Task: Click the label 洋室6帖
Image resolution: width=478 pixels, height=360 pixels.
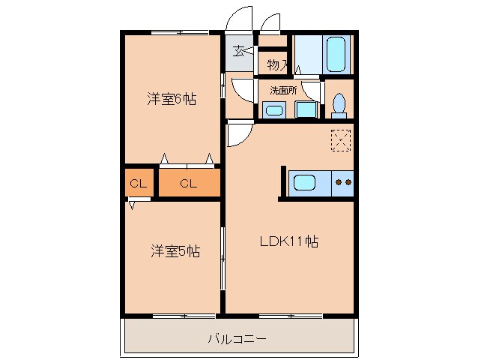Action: pos(172,98)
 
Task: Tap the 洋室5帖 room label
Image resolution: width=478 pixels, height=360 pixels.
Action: pos(174,250)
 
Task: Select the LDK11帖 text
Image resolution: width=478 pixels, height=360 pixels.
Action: pos(289,241)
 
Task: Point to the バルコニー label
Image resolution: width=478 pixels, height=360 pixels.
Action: pos(237,339)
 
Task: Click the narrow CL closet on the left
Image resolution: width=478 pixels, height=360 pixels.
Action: pos(138,184)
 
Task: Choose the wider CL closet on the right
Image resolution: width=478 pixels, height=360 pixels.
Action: pos(188,184)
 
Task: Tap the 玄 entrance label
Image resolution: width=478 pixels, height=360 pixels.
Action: pos(238,52)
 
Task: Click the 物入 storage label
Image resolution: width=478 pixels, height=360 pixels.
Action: pos(277,65)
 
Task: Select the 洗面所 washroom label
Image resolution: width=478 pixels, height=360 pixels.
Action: pos(283,90)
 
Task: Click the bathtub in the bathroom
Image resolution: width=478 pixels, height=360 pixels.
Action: pos(336,53)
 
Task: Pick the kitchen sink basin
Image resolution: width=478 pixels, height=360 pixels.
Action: pos(306,182)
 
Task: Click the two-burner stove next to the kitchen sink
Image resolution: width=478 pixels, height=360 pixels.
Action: pos(342,182)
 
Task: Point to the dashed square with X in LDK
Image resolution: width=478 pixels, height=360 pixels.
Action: pos(340,140)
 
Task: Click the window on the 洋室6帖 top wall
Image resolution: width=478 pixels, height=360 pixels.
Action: pos(179,32)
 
